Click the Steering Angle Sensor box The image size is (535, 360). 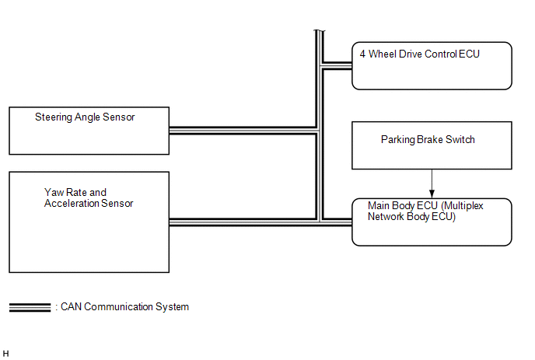click(x=89, y=131)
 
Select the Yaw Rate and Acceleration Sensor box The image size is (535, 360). click(x=89, y=222)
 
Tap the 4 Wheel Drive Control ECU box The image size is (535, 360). click(x=432, y=66)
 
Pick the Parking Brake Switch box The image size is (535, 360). click(x=432, y=145)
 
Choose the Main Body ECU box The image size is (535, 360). click(x=432, y=222)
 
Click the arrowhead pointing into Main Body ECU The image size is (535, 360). click(x=432, y=194)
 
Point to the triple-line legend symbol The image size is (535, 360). click(x=30, y=307)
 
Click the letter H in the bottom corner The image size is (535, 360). click(x=5, y=354)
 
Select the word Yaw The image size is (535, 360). click(x=54, y=193)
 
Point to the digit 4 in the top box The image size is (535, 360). click(x=362, y=54)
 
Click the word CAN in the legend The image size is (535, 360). click(x=71, y=307)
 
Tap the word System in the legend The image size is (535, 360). click(x=172, y=307)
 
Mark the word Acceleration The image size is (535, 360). click(x=71, y=204)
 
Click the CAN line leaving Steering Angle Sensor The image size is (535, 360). click(x=243, y=131)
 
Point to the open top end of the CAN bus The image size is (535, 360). click(x=320, y=30)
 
